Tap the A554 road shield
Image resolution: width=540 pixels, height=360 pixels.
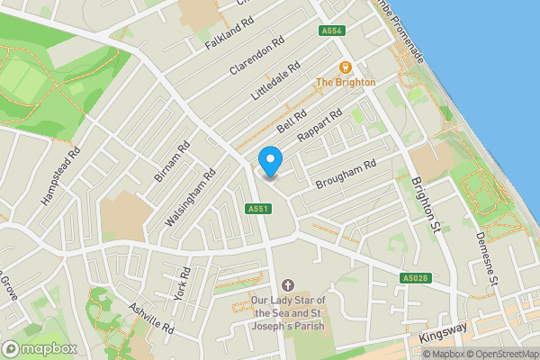click(x=332, y=31)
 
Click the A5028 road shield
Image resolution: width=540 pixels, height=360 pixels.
click(x=414, y=278)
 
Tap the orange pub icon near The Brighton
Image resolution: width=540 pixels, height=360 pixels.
click(x=345, y=67)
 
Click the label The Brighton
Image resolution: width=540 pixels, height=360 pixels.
click(x=345, y=83)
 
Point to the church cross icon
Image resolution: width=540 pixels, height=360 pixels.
click(x=287, y=284)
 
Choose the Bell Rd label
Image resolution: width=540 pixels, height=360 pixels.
click(x=292, y=123)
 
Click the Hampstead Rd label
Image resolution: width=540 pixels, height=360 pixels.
click(x=61, y=175)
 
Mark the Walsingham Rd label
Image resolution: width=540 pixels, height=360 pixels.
click(x=197, y=200)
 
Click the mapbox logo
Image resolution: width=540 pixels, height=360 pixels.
click(x=39, y=348)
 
